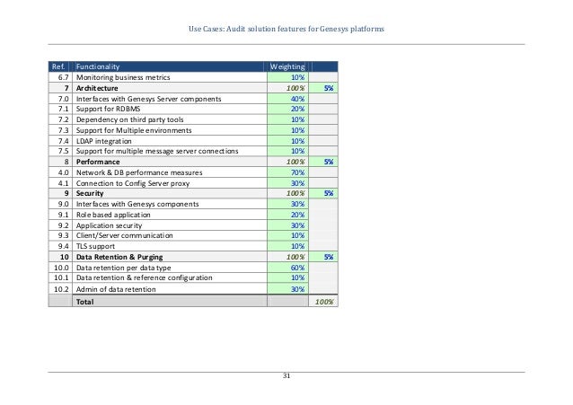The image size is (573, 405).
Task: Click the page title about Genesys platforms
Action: (x=286, y=30)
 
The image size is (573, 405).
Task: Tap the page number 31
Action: (x=286, y=374)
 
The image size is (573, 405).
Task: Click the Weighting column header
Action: (x=287, y=66)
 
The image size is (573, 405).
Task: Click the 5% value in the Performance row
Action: (x=329, y=162)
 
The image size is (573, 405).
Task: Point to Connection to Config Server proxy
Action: (x=138, y=182)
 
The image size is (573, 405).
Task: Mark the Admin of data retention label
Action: (x=116, y=289)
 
